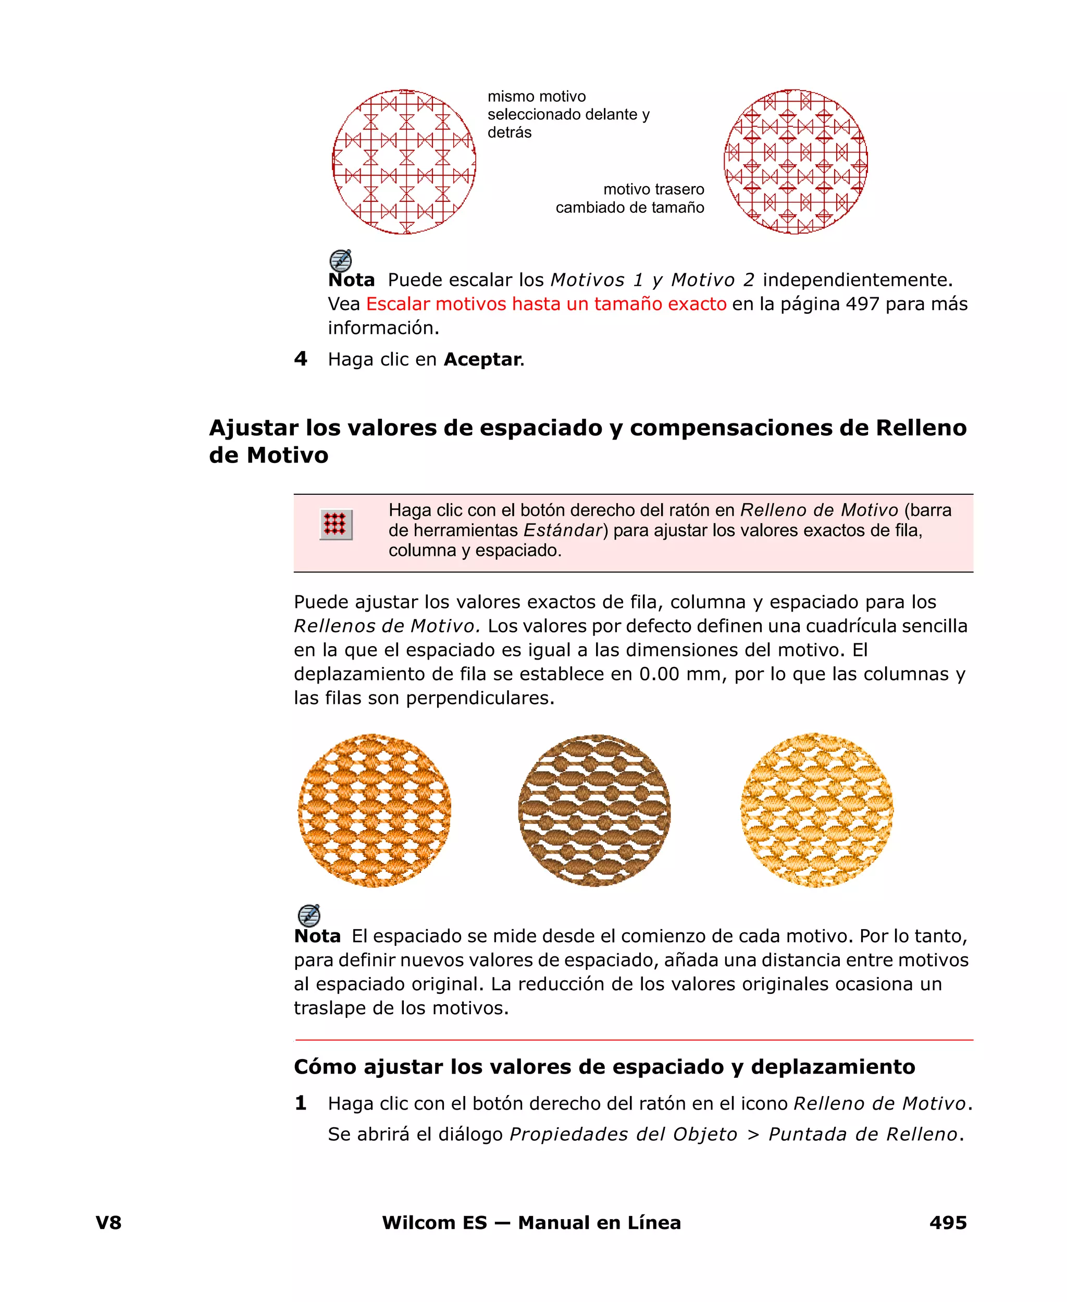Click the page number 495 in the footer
point(948,1222)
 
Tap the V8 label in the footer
point(109,1222)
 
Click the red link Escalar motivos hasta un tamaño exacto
point(546,304)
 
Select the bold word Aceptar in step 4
point(482,359)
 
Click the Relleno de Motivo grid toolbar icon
point(336,525)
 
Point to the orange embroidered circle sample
point(374,810)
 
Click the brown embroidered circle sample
point(594,810)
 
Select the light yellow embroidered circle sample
point(816,810)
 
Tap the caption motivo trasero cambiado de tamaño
point(630,198)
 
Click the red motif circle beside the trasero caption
point(796,162)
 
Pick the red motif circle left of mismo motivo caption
point(404,162)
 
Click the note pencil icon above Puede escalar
point(341,260)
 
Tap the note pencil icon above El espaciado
point(309,915)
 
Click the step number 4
point(301,359)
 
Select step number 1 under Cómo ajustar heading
point(301,1103)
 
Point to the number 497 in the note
point(862,304)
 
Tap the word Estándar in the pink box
point(562,530)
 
